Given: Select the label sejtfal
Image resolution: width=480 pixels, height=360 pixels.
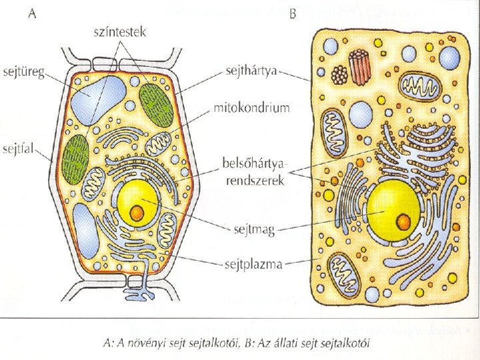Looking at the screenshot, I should click(x=20, y=147).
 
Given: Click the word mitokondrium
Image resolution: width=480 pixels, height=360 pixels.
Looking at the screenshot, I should click(x=251, y=107).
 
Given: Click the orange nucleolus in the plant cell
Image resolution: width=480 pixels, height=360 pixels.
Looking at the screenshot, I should click(x=137, y=213).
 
